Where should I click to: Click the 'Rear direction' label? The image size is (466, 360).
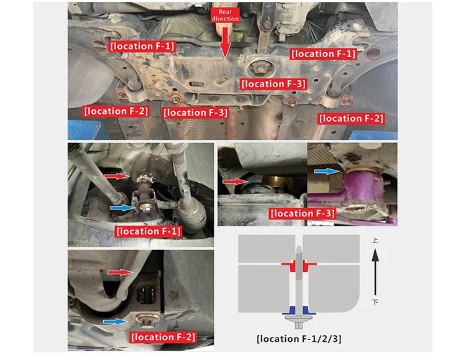[x=225, y=15]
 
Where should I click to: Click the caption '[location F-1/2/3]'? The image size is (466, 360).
[x=299, y=339]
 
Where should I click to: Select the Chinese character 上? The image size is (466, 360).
[x=375, y=240]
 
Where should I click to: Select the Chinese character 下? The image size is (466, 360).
[x=375, y=302]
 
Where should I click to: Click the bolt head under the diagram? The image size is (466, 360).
[x=299, y=321]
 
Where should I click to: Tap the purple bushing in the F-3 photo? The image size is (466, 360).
[x=363, y=188]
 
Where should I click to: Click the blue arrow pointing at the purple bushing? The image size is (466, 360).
[x=327, y=171]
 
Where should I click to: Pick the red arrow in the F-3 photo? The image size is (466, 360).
[x=235, y=181]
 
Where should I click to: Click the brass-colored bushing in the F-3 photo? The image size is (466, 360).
[x=277, y=182]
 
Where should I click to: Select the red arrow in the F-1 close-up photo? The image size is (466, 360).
[x=117, y=177]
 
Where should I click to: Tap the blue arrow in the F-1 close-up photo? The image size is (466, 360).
[x=123, y=208]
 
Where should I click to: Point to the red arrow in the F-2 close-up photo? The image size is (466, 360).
[x=121, y=272]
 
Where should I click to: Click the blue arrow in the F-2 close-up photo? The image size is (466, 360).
[x=116, y=321]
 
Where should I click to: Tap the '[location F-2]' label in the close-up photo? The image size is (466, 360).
[x=163, y=337]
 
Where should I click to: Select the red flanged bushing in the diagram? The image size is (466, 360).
[x=299, y=265]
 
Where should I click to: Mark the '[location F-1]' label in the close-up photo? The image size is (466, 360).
[x=148, y=231]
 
